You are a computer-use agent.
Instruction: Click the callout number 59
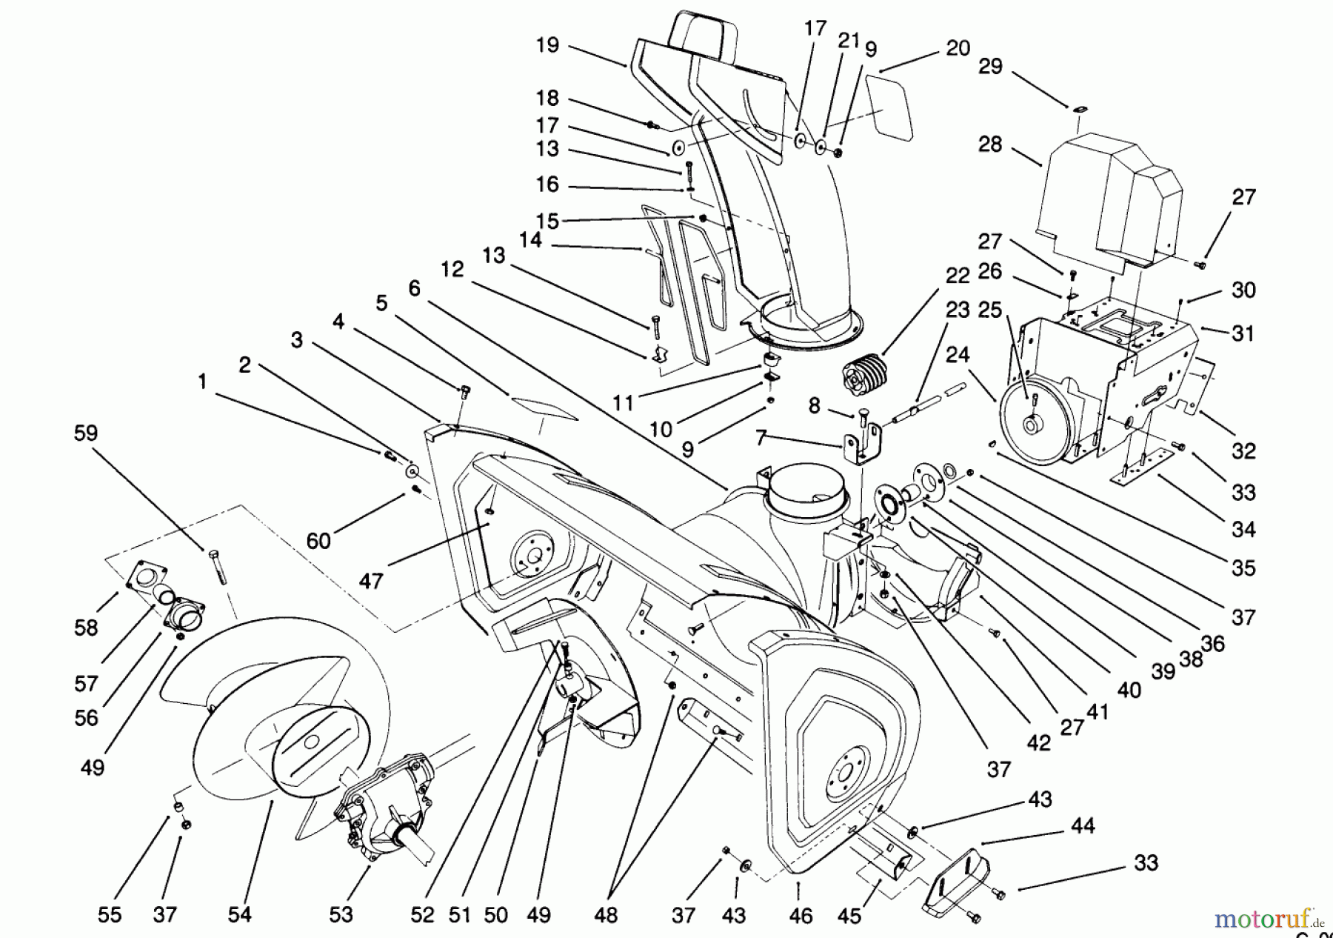click(x=86, y=433)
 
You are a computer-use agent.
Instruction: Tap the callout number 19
click(x=548, y=46)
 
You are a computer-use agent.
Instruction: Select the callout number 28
click(x=990, y=144)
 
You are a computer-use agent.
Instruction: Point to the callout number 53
click(x=341, y=914)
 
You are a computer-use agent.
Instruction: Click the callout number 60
click(x=318, y=541)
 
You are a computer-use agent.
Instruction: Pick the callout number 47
click(x=370, y=581)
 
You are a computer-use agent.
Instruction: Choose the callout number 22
click(x=958, y=276)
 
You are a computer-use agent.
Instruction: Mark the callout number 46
click(x=801, y=917)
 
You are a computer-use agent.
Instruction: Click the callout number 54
click(x=240, y=914)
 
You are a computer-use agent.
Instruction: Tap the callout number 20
click(x=958, y=48)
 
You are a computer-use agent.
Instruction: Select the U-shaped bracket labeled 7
click(x=863, y=445)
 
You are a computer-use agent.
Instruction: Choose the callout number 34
click(x=1244, y=530)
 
